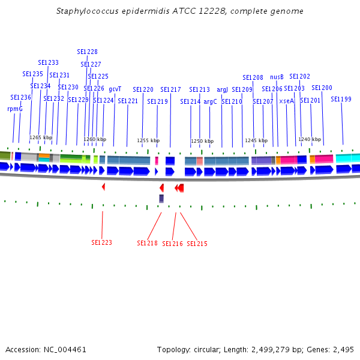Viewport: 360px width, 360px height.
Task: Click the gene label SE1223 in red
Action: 101,243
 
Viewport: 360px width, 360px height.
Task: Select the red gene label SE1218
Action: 147,244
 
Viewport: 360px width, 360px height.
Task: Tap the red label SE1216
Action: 172,244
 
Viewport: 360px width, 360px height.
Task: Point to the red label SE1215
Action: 197,244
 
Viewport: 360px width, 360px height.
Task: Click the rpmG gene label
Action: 14,109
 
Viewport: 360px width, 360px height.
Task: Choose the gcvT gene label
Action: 115,89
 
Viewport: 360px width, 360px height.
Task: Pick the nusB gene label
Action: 277,77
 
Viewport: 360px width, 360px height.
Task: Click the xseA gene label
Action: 286,101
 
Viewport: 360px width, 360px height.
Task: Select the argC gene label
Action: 210,102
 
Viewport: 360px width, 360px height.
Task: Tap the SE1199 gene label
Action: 341,99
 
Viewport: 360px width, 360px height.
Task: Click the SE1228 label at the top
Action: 88,52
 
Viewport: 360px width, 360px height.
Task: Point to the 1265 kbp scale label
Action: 41,138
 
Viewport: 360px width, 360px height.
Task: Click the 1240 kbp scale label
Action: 310,139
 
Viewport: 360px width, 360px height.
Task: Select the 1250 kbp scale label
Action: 202,142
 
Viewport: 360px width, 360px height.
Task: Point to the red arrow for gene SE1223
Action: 103,187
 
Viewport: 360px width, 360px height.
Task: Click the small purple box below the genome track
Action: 161,198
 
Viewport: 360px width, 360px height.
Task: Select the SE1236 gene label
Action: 20,97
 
